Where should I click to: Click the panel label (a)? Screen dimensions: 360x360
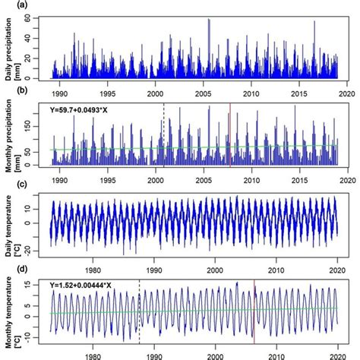tap(7, 5)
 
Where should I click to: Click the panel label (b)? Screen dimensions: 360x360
tap(7, 94)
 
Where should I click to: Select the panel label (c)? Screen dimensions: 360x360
tap(7, 185)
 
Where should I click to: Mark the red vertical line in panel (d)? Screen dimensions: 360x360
tap(254, 311)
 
